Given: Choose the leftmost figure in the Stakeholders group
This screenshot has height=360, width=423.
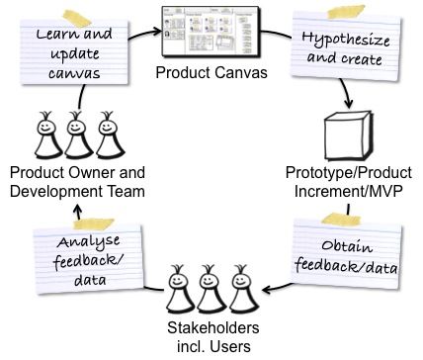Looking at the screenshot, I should [179, 289].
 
